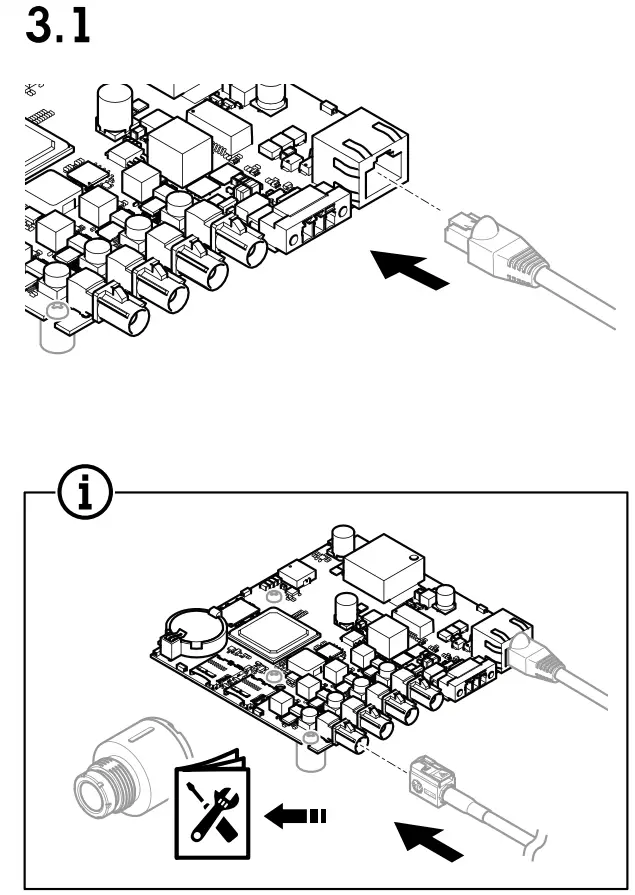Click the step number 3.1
point(56,26)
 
